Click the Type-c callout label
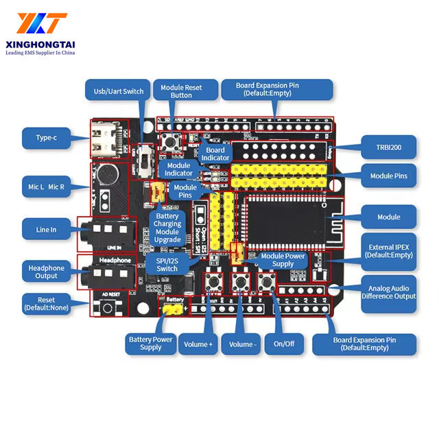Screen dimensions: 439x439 click(x=46, y=138)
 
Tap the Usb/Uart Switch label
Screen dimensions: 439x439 click(x=118, y=91)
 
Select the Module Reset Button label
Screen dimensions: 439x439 click(x=181, y=91)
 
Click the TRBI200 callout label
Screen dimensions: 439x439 click(x=388, y=147)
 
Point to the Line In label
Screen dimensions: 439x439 click(x=46, y=229)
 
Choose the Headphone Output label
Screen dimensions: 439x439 click(x=46, y=272)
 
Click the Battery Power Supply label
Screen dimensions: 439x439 click(x=150, y=343)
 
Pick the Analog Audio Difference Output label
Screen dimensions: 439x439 click(x=389, y=292)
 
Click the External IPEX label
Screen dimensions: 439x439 click(x=389, y=250)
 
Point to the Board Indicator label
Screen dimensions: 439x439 click(x=215, y=154)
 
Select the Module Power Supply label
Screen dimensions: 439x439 click(x=283, y=261)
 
